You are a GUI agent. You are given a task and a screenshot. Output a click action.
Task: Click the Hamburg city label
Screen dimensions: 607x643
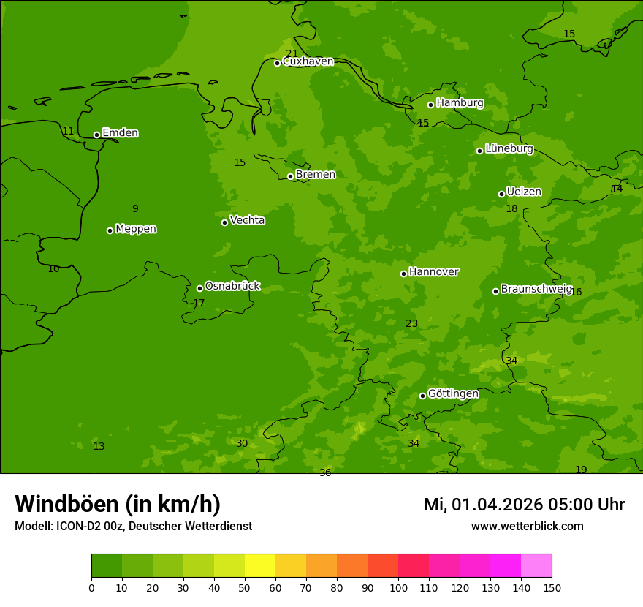(x=460, y=103)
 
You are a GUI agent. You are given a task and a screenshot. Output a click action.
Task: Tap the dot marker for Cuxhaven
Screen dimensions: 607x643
(x=277, y=63)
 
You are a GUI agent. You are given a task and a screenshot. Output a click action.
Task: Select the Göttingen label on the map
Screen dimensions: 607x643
(x=453, y=393)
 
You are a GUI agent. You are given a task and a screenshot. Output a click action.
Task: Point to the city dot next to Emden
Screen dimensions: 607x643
(x=96, y=135)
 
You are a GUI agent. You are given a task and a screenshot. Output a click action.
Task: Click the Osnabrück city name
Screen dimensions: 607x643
(x=232, y=286)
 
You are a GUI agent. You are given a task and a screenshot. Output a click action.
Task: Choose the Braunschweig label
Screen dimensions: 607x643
(x=536, y=290)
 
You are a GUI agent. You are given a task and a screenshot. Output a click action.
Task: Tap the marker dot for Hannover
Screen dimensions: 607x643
(x=403, y=274)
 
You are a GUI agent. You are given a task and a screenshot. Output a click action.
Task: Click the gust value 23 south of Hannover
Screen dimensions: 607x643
(x=412, y=323)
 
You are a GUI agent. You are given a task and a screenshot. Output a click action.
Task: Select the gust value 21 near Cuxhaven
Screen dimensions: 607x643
(x=292, y=53)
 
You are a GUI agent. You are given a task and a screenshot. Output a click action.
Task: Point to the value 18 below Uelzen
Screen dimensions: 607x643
(x=511, y=208)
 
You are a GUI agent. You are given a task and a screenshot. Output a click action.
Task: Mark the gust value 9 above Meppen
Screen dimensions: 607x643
(x=135, y=208)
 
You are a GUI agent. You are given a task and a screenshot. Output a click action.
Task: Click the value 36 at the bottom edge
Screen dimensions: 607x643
(x=325, y=472)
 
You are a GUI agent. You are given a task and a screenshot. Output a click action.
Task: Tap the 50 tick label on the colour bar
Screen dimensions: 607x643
(x=245, y=587)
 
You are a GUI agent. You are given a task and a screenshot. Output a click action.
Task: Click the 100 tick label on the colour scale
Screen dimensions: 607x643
(x=398, y=587)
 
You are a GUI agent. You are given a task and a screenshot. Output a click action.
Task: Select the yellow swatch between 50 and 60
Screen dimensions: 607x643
(x=260, y=565)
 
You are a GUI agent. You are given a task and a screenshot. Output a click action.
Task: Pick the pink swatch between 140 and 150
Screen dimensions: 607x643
(x=536, y=565)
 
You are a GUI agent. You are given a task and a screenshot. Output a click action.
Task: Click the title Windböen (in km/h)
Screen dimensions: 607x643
(x=118, y=504)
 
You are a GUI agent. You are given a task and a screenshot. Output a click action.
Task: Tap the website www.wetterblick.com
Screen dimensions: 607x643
(x=527, y=526)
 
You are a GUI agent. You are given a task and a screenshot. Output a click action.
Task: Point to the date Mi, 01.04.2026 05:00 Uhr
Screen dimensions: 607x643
(x=524, y=505)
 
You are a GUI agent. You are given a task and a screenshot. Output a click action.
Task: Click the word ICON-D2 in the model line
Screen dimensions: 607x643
(x=77, y=526)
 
